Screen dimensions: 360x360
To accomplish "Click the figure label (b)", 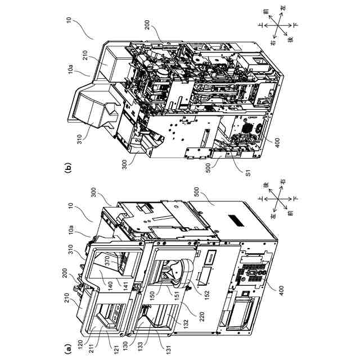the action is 68,168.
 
